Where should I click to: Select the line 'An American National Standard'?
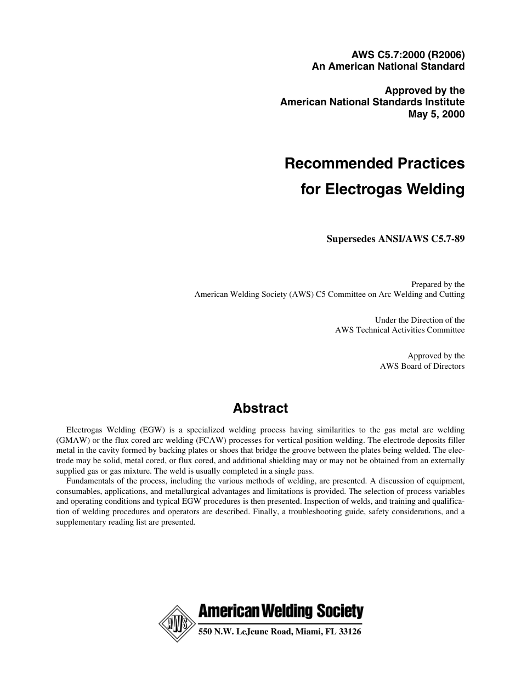[388, 66]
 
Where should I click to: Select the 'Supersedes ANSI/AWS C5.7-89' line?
[395, 239]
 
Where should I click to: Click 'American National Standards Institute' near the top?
[372, 102]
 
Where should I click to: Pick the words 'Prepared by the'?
[438, 284]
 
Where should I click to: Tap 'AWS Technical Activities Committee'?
[399, 330]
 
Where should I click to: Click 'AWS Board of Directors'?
[422, 366]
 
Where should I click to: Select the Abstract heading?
[260, 408]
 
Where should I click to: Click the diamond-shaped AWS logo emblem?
[177, 624]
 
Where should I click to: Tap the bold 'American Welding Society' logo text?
[280, 611]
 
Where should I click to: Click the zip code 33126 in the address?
[350, 632]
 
